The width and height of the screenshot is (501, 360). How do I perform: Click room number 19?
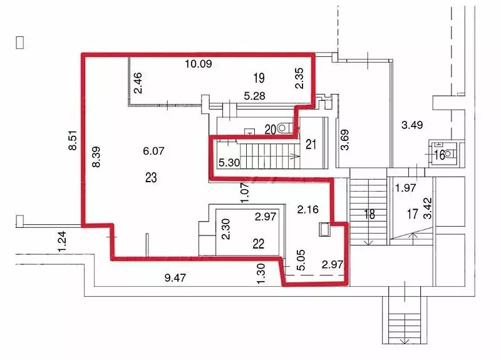tap(259, 78)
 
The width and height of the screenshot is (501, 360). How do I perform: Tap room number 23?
tap(151, 178)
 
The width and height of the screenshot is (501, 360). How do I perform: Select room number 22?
tap(258, 244)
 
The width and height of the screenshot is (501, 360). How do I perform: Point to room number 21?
tap(311, 145)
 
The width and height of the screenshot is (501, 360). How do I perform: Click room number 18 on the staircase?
tap(369, 214)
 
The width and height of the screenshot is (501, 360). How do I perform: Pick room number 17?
tap(413, 214)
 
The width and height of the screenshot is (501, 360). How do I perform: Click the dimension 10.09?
tap(199, 64)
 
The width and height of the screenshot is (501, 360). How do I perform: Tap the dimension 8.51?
tap(73, 140)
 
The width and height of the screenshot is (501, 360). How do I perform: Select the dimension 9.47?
tap(175, 277)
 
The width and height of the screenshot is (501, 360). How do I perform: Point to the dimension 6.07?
tap(153, 151)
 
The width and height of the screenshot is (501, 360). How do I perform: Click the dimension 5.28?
tap(254, 96)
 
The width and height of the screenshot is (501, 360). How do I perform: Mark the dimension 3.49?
tap(412, 125)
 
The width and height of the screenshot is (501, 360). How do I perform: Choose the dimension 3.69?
tap(345, 140)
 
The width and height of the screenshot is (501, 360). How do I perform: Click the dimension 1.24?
tap(62, 241)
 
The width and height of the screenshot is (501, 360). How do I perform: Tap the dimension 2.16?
tap(307, 210)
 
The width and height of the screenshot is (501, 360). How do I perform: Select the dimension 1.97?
tap(406, 188)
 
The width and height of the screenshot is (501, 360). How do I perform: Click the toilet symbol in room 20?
tap(282, 128)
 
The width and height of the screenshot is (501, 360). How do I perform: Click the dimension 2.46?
tap(138, 83)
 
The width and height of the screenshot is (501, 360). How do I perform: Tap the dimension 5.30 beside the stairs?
tap(229, 163)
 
